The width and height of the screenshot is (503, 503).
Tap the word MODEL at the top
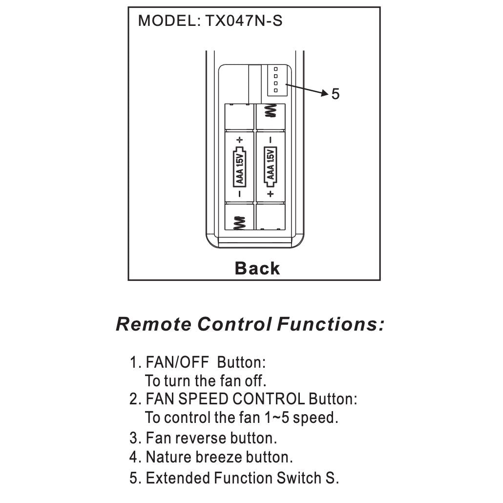(166, 21)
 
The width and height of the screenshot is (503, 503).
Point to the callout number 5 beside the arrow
(335, 94)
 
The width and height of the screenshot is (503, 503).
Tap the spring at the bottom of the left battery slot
(240, 223)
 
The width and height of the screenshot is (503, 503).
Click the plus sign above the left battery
(240, 140)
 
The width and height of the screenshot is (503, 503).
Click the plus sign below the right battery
(270, 194)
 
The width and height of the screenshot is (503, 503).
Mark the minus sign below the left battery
(240, 194)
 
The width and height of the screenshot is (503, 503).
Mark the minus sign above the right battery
(270, 140)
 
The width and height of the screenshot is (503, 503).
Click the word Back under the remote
(257, 268)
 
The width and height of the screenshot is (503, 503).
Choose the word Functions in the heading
(330, 324)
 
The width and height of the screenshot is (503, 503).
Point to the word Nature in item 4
(168, 457)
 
